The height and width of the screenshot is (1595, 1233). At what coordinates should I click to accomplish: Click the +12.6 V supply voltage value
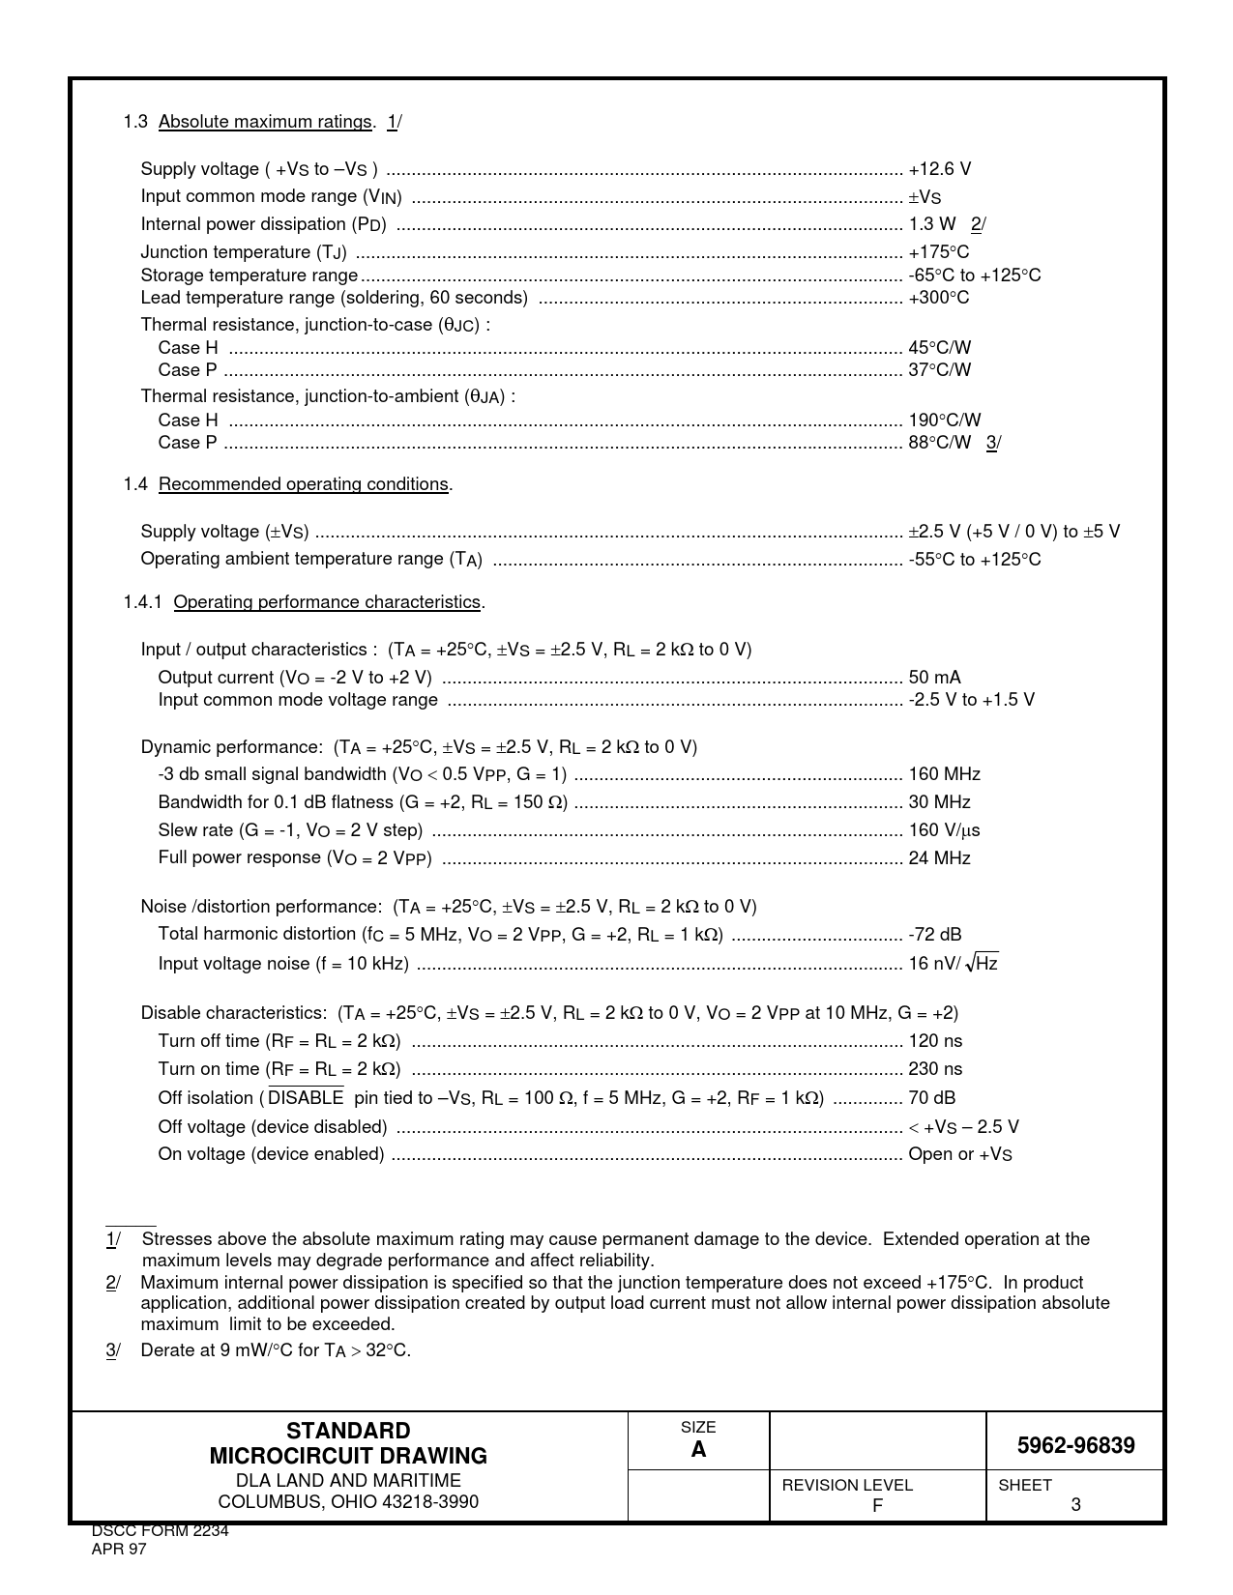pyautogui.click(x=939, y=169)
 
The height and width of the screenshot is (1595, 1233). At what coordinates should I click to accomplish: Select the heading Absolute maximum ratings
pyautogui.click(x=265, y=122)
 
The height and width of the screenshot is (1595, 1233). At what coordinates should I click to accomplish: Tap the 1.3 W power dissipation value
pyautogui.click(x=931, y=224)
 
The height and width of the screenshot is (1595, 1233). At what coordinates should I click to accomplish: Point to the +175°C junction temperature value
pyautogui.click(x=938, y=252)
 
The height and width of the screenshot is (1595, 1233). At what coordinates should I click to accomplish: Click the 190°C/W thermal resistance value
pyautogui.click(x=944, y=420)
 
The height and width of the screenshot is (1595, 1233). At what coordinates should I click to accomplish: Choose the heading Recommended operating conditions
pyautogui.click(x=304, y=484)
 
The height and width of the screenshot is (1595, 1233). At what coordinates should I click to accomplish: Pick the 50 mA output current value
pyautogui.click(x=934, y=678)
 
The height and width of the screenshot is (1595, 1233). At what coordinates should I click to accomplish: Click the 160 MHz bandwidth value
pyautogui.click(x=944, y=774)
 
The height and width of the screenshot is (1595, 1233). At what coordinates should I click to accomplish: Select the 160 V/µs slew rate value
pyautogui.click(x=944, y=830)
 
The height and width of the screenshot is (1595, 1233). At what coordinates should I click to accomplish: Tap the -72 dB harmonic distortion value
pyautogui.click(x=934, y=935)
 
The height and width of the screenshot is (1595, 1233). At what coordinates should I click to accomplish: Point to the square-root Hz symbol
pyautogui.click(x=983, y=963)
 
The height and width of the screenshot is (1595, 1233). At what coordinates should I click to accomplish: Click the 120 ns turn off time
pyautogui.click(x=935, y=1041)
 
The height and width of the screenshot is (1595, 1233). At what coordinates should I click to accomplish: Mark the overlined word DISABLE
pyautogui.click(x=306, y=1098)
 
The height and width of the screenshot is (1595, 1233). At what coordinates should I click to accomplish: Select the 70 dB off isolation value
pyautogui.click(x=931, y=1098)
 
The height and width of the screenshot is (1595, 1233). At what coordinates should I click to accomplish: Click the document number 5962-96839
pyautogui.click(x=1075, y=1446)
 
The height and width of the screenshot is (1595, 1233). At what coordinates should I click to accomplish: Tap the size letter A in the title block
pyautogui.click(x=698, y=1450)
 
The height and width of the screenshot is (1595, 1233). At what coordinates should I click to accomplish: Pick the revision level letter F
pyautogui.click(x=877, y=1505)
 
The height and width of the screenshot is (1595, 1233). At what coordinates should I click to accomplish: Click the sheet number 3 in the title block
pyautogui.click(x=1075, y=1504)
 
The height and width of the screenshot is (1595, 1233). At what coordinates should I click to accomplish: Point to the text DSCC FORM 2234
pyautogui.click(x=160, y=1531)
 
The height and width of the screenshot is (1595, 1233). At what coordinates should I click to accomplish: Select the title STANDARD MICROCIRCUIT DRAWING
pyautogui.click(x=348, y=1443)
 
